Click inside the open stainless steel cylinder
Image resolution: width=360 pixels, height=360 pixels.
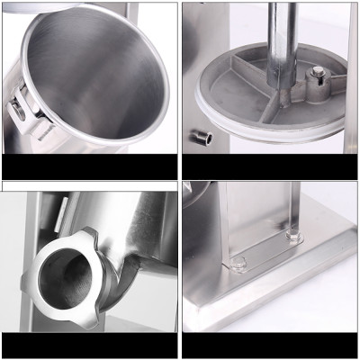pos(99,81)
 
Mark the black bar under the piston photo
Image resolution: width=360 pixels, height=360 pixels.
pos(270,166)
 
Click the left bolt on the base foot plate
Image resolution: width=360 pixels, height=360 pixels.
pos(238,264)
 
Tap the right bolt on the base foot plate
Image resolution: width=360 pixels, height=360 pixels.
pos(292,236)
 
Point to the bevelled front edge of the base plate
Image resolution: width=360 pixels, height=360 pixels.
pos(270,310)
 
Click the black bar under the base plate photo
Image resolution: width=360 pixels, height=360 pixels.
pos(270,346)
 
